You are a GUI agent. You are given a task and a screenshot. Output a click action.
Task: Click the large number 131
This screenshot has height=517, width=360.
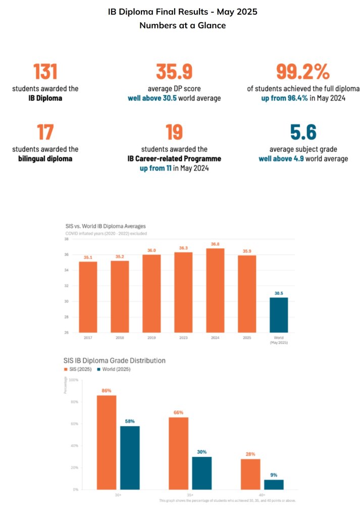(x=45, y=71)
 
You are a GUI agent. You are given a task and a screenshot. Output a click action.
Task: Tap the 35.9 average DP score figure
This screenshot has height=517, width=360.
(x=174, y=71)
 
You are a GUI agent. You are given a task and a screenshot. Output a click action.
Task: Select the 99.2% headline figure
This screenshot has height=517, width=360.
(x=302, y=71)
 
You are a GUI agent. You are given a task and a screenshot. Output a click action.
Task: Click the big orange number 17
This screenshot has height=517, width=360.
(x=45, y=132)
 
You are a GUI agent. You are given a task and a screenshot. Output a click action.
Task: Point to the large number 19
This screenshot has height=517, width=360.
(x=174, y=132)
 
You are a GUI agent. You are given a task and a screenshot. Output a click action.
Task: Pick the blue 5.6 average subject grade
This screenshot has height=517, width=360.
(x=303, y=132)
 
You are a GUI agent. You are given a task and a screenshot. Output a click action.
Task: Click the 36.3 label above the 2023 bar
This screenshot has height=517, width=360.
(x=183, y=248)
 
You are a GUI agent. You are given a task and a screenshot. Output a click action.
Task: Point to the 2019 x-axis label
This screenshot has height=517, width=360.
(x=151, y=337)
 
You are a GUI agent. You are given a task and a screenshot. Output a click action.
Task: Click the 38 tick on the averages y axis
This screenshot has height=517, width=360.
(x=67, y=239)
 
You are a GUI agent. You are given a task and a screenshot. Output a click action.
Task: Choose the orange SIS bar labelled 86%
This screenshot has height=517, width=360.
(x=107, y=442)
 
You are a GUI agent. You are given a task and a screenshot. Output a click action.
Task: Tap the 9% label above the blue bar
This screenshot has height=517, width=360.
(x=274, y=475)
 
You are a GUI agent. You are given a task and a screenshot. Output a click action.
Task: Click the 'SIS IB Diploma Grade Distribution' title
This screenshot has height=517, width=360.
(x=115, y=360)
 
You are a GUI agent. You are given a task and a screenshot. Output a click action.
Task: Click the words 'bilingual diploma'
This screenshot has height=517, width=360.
(x=45, y=159)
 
